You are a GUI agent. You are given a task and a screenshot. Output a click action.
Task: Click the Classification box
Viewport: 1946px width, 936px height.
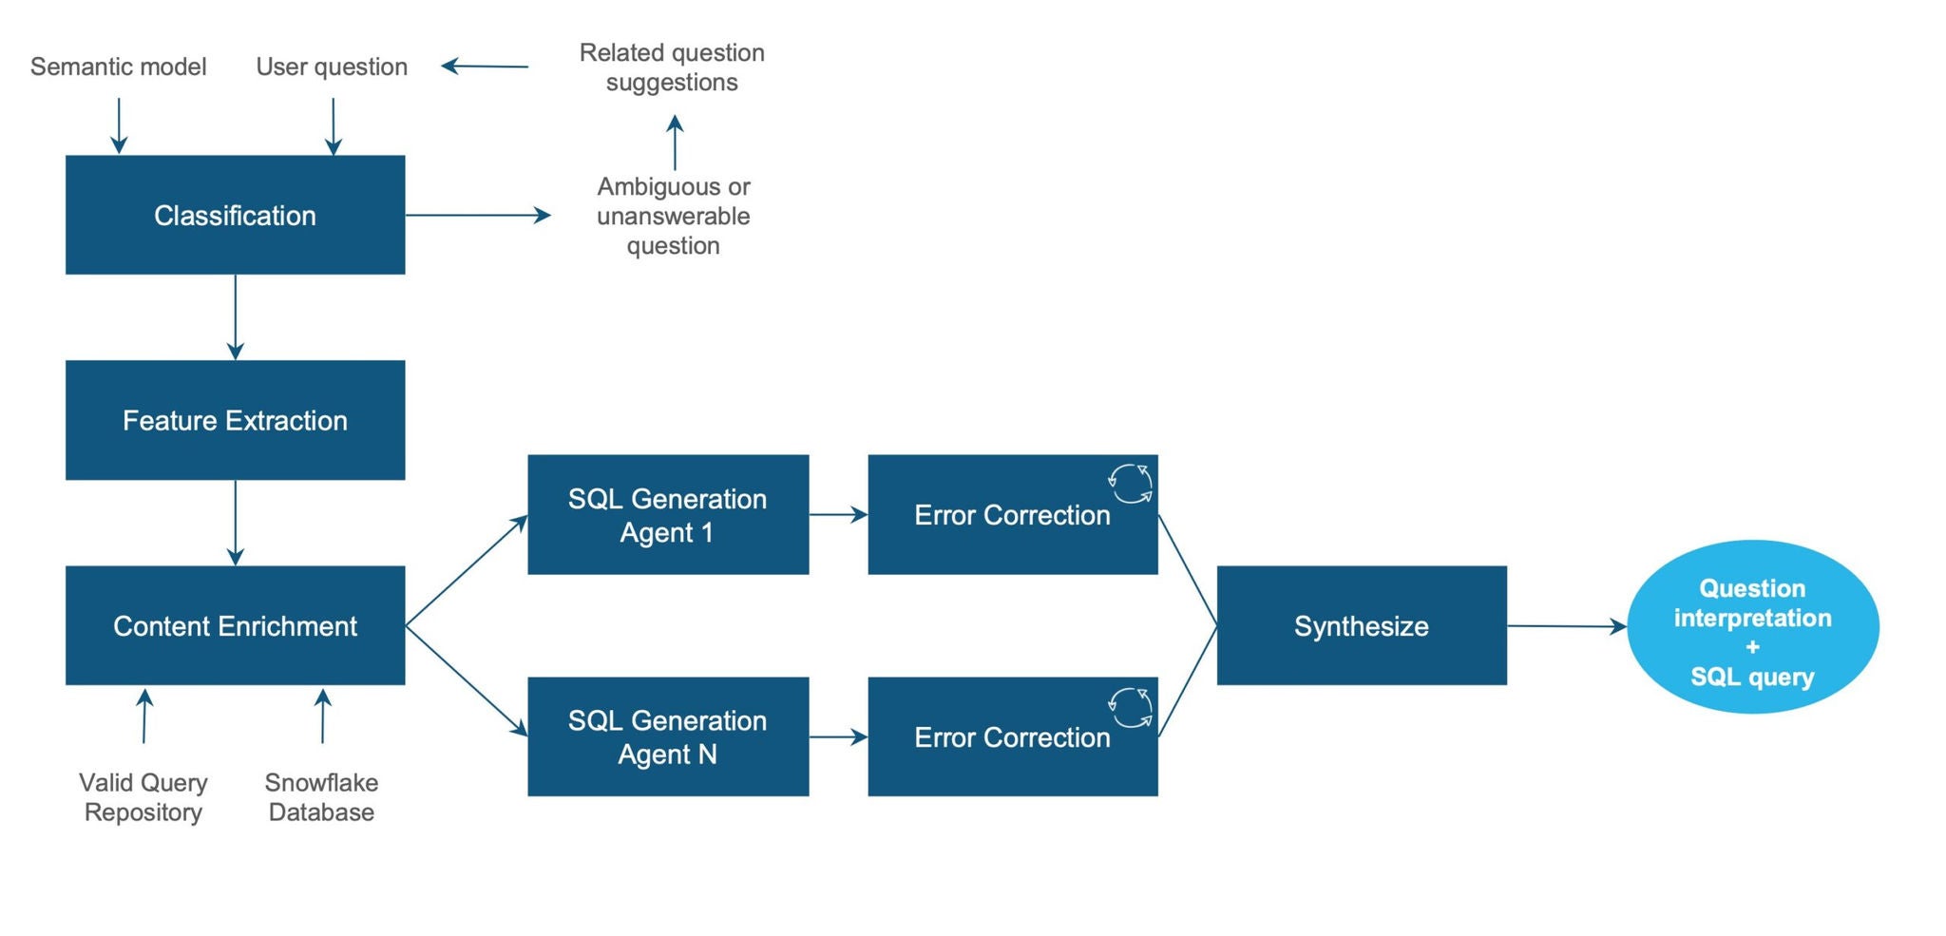235,215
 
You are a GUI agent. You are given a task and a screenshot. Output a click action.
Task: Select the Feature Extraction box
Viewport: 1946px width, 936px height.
235,419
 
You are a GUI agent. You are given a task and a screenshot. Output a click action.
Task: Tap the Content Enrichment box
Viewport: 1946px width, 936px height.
235,625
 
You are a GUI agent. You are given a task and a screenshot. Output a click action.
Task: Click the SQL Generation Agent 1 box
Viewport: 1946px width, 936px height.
668,514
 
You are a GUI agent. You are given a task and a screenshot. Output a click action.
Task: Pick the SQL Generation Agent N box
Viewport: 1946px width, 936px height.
668,736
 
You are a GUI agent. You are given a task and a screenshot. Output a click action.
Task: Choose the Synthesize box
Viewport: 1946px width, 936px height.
1361,625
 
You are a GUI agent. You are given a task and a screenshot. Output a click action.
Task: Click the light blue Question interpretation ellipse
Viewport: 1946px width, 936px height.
1752,627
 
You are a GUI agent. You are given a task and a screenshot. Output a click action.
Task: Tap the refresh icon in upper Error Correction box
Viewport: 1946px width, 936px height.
1131,484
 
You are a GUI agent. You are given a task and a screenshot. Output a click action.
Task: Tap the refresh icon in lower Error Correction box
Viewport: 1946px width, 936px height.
1131,708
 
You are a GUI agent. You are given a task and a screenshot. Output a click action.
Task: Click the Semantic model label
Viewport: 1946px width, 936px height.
118,67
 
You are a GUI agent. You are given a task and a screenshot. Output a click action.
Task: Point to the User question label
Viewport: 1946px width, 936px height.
332,67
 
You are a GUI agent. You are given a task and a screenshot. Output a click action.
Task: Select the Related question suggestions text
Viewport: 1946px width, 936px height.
672,67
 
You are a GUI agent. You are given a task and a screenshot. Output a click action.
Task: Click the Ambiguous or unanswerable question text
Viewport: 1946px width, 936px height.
673,216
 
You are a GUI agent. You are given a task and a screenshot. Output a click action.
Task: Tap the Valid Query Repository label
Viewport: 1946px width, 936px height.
143,796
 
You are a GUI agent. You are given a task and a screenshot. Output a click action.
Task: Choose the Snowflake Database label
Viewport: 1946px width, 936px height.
321,796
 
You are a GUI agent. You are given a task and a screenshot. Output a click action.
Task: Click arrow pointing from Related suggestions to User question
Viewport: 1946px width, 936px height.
485,66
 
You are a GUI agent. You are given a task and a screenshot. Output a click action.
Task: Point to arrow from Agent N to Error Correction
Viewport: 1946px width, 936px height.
837,736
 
